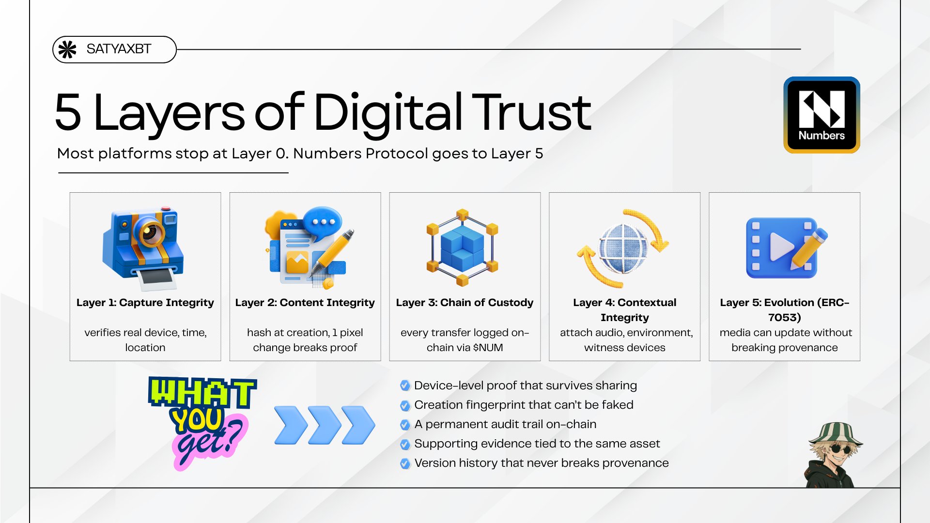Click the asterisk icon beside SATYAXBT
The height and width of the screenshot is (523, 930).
[x=67, y=49]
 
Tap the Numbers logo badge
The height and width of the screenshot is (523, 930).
[x=821, y=115]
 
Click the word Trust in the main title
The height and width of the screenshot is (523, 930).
[x=531, y=112]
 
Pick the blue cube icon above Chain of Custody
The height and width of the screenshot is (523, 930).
[x=463, y=247]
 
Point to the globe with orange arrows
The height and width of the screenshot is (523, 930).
[x=623, y=248]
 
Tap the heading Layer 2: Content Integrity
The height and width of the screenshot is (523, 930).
[x=305, y=303]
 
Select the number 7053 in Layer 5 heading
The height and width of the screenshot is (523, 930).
[x=784, y=318]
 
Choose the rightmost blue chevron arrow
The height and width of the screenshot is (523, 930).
[x=358, y=425]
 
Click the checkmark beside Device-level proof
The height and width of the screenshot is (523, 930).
[x=405, y=386]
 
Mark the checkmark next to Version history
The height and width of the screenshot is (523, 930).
[x=405, y=463]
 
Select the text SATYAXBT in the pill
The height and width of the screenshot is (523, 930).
[x=119, y=49]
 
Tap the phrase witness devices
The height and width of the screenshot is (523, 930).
[x=624, y=348]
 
